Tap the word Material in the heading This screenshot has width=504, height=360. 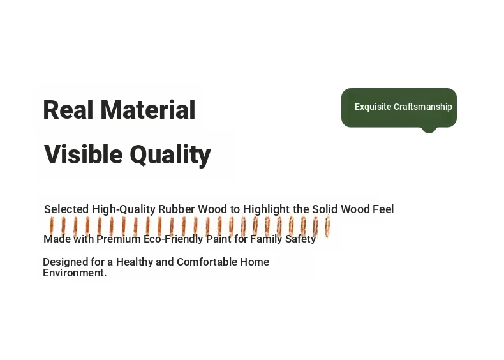pos(148,110)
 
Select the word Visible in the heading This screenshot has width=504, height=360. pos(84,154)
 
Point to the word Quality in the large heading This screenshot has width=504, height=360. pos(170,156)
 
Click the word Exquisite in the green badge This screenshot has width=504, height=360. pos(373,107)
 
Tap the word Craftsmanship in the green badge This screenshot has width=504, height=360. pos(423,107)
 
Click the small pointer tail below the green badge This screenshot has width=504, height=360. pos(429,130)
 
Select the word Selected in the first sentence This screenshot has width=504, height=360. pos(66,209)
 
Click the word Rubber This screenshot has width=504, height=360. pos(177,209)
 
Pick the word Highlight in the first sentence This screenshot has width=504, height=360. pos(267,209)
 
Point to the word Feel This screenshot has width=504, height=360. pos(383,209)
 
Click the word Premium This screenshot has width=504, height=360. pos(119,239)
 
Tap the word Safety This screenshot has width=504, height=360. pos(300,239)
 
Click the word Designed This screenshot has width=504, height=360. pos(65,262)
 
